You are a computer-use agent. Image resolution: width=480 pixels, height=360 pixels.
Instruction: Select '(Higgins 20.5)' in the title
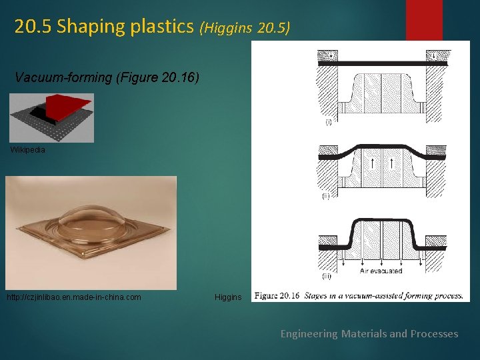[x=245, y=28]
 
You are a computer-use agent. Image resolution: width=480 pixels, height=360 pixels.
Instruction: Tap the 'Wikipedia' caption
[x=28, y=150]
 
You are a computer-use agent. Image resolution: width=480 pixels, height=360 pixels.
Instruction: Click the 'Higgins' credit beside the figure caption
[x=228, y=297]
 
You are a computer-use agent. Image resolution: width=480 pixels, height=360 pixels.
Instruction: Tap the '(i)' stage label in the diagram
[x=329, y=122]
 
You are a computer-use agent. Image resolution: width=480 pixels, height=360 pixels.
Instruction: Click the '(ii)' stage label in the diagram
[x=325, y=197]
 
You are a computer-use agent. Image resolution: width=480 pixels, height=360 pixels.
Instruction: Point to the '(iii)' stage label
[x=327, y=276]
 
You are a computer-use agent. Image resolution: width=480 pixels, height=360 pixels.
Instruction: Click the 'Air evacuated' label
[x=381, y=271]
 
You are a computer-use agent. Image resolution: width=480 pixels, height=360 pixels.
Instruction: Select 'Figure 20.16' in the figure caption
[x=277, y=295]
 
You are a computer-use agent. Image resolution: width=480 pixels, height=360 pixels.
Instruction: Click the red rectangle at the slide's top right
[x=424, y=20]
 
